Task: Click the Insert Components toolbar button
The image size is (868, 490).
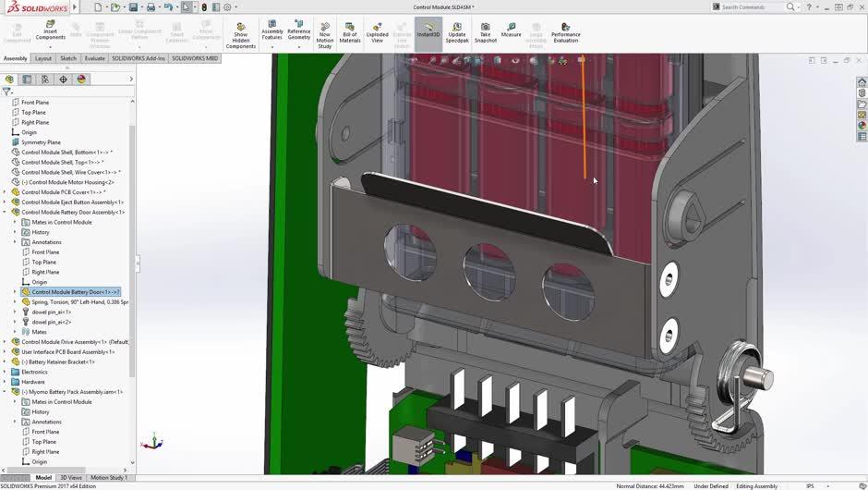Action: pos(50,31)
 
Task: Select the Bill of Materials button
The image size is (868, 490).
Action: pos(350,32)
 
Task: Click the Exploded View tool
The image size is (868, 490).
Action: pos(377,32)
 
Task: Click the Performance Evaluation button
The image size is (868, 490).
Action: pos(565,32)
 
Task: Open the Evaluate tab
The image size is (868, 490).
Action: pos(95,58)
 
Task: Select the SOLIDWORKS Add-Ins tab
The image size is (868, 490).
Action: pos(139,58)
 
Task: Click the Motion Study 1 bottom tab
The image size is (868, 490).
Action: pos(109,478)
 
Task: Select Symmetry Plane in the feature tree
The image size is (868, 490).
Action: pos(41,142)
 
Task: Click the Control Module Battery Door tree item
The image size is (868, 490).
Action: pos(74,292)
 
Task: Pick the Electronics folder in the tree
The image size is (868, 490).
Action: pos(34,372)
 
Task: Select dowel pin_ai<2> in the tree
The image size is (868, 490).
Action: pos(51,322)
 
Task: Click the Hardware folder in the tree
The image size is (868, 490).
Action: pos(32,382)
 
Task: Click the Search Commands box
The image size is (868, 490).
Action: pos(752,6)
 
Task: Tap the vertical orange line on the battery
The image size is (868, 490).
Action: pos(584,120)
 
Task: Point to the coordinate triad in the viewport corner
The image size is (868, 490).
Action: pos(155,443)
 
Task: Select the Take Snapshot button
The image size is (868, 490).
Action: pos(486,32)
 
